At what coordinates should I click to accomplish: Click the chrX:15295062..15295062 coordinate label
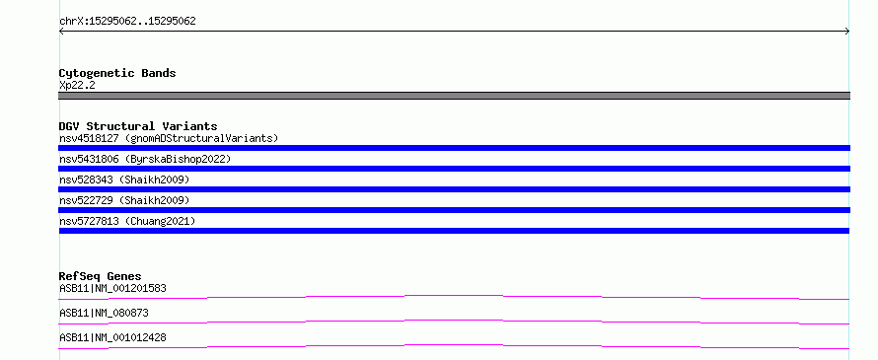tap(127, 22)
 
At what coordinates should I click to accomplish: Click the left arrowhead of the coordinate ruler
tap(61, 32)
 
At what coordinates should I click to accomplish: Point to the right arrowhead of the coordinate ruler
tap(847, 32)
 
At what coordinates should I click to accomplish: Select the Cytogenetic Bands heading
tap(117, 73)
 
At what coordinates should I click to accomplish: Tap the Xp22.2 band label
tap(77, 86)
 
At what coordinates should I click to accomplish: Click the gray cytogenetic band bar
tap(454, 96)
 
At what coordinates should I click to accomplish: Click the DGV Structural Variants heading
tap(138, 126)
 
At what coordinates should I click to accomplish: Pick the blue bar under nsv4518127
tap(454, 148)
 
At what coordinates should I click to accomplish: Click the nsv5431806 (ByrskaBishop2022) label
tap(145, 159)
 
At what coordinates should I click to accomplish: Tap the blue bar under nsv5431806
tap(454, 169)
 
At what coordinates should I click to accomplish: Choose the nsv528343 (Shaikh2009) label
tap(124, 180)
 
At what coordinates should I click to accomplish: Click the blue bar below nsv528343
tap(454, 189)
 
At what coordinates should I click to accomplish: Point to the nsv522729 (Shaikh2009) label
tap(124, 200)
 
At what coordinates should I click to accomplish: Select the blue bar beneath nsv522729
tap(454, 210)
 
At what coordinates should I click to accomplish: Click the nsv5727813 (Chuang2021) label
tap(127, 221)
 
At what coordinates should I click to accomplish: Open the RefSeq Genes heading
tap(101, 276)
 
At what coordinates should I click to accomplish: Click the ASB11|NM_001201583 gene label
tap(112, 288)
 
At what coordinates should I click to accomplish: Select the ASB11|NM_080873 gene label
tap(104, 313)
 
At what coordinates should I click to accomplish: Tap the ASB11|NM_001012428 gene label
tap(112, 337)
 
